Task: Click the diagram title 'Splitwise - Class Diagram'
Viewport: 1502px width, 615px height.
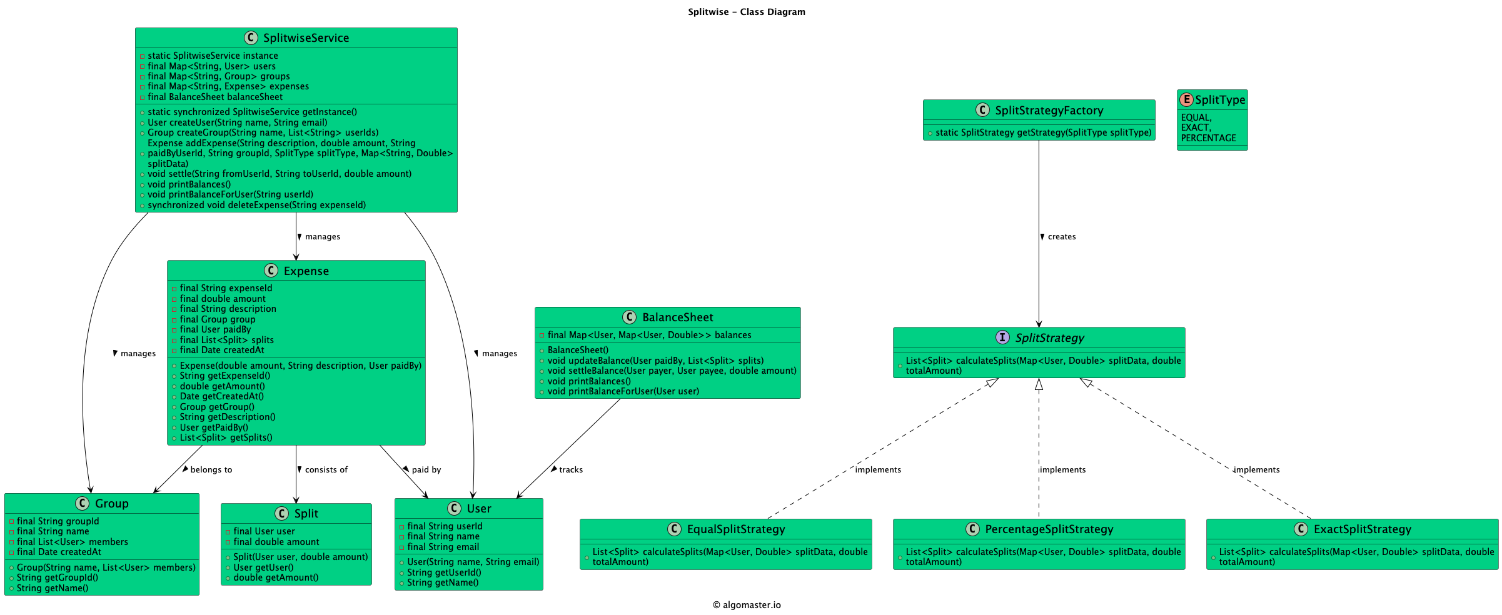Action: (746, 12)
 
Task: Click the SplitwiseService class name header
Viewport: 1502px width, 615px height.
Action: (305, 38)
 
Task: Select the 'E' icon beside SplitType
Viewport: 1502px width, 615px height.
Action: (1186, 99)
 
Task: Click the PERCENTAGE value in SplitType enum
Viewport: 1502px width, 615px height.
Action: (1208, 138)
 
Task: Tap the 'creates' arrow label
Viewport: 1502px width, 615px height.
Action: (1061, 237)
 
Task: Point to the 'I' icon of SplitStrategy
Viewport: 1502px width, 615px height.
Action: (1002, 337)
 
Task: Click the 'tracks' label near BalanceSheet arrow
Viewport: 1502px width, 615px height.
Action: (570, 470)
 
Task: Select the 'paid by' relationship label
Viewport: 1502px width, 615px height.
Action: (426, 470)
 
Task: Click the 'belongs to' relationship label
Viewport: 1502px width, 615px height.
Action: (211, 470)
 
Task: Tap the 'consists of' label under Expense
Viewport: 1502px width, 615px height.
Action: (326, 470)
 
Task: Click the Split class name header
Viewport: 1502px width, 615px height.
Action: (306, 514)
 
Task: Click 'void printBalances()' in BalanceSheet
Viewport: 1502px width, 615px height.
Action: (588, 381)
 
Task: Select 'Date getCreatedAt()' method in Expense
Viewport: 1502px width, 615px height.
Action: (221, 396)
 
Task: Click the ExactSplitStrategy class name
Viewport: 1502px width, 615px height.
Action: (1362, 529)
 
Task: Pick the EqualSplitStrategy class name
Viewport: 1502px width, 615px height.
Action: (735, 529)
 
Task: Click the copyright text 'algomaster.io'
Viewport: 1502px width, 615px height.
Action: (751, 605)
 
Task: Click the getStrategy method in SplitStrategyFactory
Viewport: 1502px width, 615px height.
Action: (1043, 132)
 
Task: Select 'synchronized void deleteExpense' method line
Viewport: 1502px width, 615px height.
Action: (256, 205)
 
